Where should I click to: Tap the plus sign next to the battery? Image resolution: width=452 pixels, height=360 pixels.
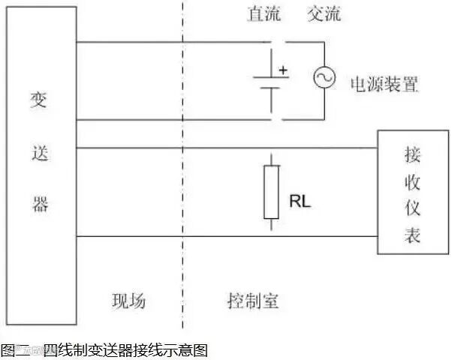tap(283, 70)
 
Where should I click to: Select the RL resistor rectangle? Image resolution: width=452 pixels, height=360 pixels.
tap(271, 192)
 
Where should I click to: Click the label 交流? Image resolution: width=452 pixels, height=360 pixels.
tap(324, 14)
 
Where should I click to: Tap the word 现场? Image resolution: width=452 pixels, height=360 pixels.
tap(128, 301)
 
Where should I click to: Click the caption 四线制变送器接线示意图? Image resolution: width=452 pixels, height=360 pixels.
tap(125, 349)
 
